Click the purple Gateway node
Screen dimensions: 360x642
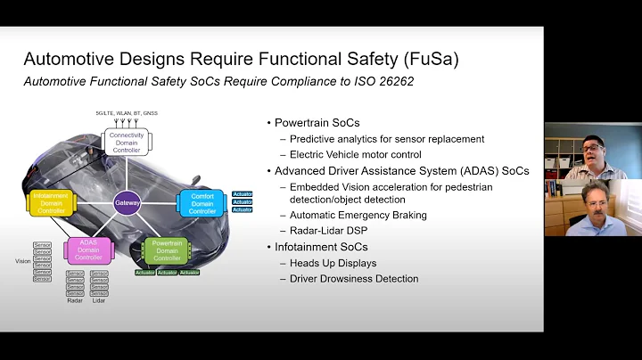point(127,203)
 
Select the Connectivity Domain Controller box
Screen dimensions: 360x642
point(125,142)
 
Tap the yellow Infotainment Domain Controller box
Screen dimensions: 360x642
point(50,201)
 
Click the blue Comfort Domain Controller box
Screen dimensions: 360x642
point(202,202)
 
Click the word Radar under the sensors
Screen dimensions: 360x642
point(75,301)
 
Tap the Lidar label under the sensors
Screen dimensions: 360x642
point(99,301)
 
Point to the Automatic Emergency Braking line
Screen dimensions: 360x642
point(358,215)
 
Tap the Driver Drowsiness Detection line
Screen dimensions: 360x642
point(354,279)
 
